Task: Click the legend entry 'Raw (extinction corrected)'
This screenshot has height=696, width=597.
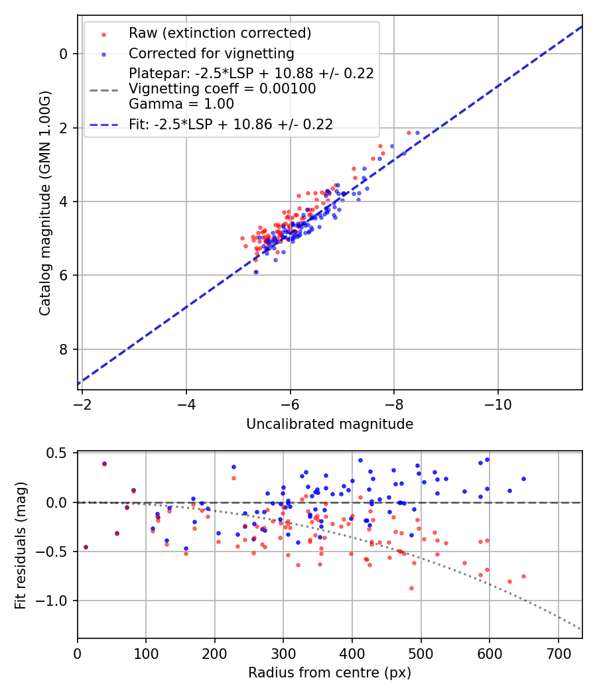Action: click(220, 33)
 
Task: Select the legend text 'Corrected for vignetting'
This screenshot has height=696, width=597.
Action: click(211, 53)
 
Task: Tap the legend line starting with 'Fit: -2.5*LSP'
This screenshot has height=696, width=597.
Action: click(231, 124)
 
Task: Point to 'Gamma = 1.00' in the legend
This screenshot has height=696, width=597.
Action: click(181, 103)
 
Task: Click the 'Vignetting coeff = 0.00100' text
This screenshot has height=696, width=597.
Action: click(222, 88)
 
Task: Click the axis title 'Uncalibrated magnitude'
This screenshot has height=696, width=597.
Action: click(330, 424)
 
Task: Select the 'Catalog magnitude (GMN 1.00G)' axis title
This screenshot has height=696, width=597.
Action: click(44, 202)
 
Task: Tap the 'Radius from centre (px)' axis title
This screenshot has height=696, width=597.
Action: click(330, 673)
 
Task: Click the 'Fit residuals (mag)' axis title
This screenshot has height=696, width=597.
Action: click(21, 545)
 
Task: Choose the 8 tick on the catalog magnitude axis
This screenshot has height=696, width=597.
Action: click(64, 349)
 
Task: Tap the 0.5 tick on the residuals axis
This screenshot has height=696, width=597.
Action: click(60, 453)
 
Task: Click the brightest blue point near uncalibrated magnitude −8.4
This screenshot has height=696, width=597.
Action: click(417, 133)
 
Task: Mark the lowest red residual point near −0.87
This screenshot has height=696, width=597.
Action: click(411, 588)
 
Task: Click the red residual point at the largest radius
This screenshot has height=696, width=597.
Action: click(523, 576)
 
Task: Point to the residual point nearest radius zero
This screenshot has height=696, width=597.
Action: click(86, 547)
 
